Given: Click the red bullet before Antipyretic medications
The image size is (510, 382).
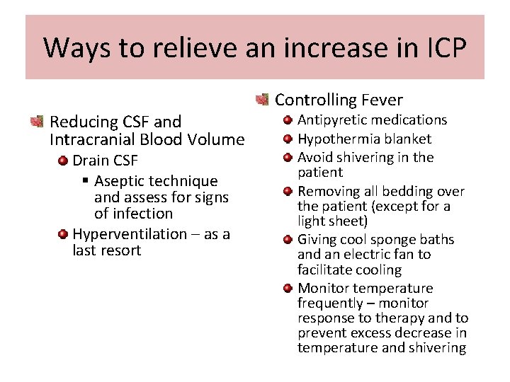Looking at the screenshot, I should pyautogui.click(x=288, y=120).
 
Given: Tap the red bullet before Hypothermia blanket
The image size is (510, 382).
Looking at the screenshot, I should pyautogui.click(x=288, y=139).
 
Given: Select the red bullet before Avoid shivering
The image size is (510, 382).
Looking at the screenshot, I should pyautogui.click(x=288, y=157).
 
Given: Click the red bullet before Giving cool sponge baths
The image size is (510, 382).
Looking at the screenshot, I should pyautogui.click(x=288, y=240).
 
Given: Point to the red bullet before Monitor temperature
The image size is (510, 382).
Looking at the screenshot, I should pyautogui.click(x=288, y=288).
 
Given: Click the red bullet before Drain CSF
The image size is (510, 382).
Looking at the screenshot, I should pyautogui.click(x=63, y=161).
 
